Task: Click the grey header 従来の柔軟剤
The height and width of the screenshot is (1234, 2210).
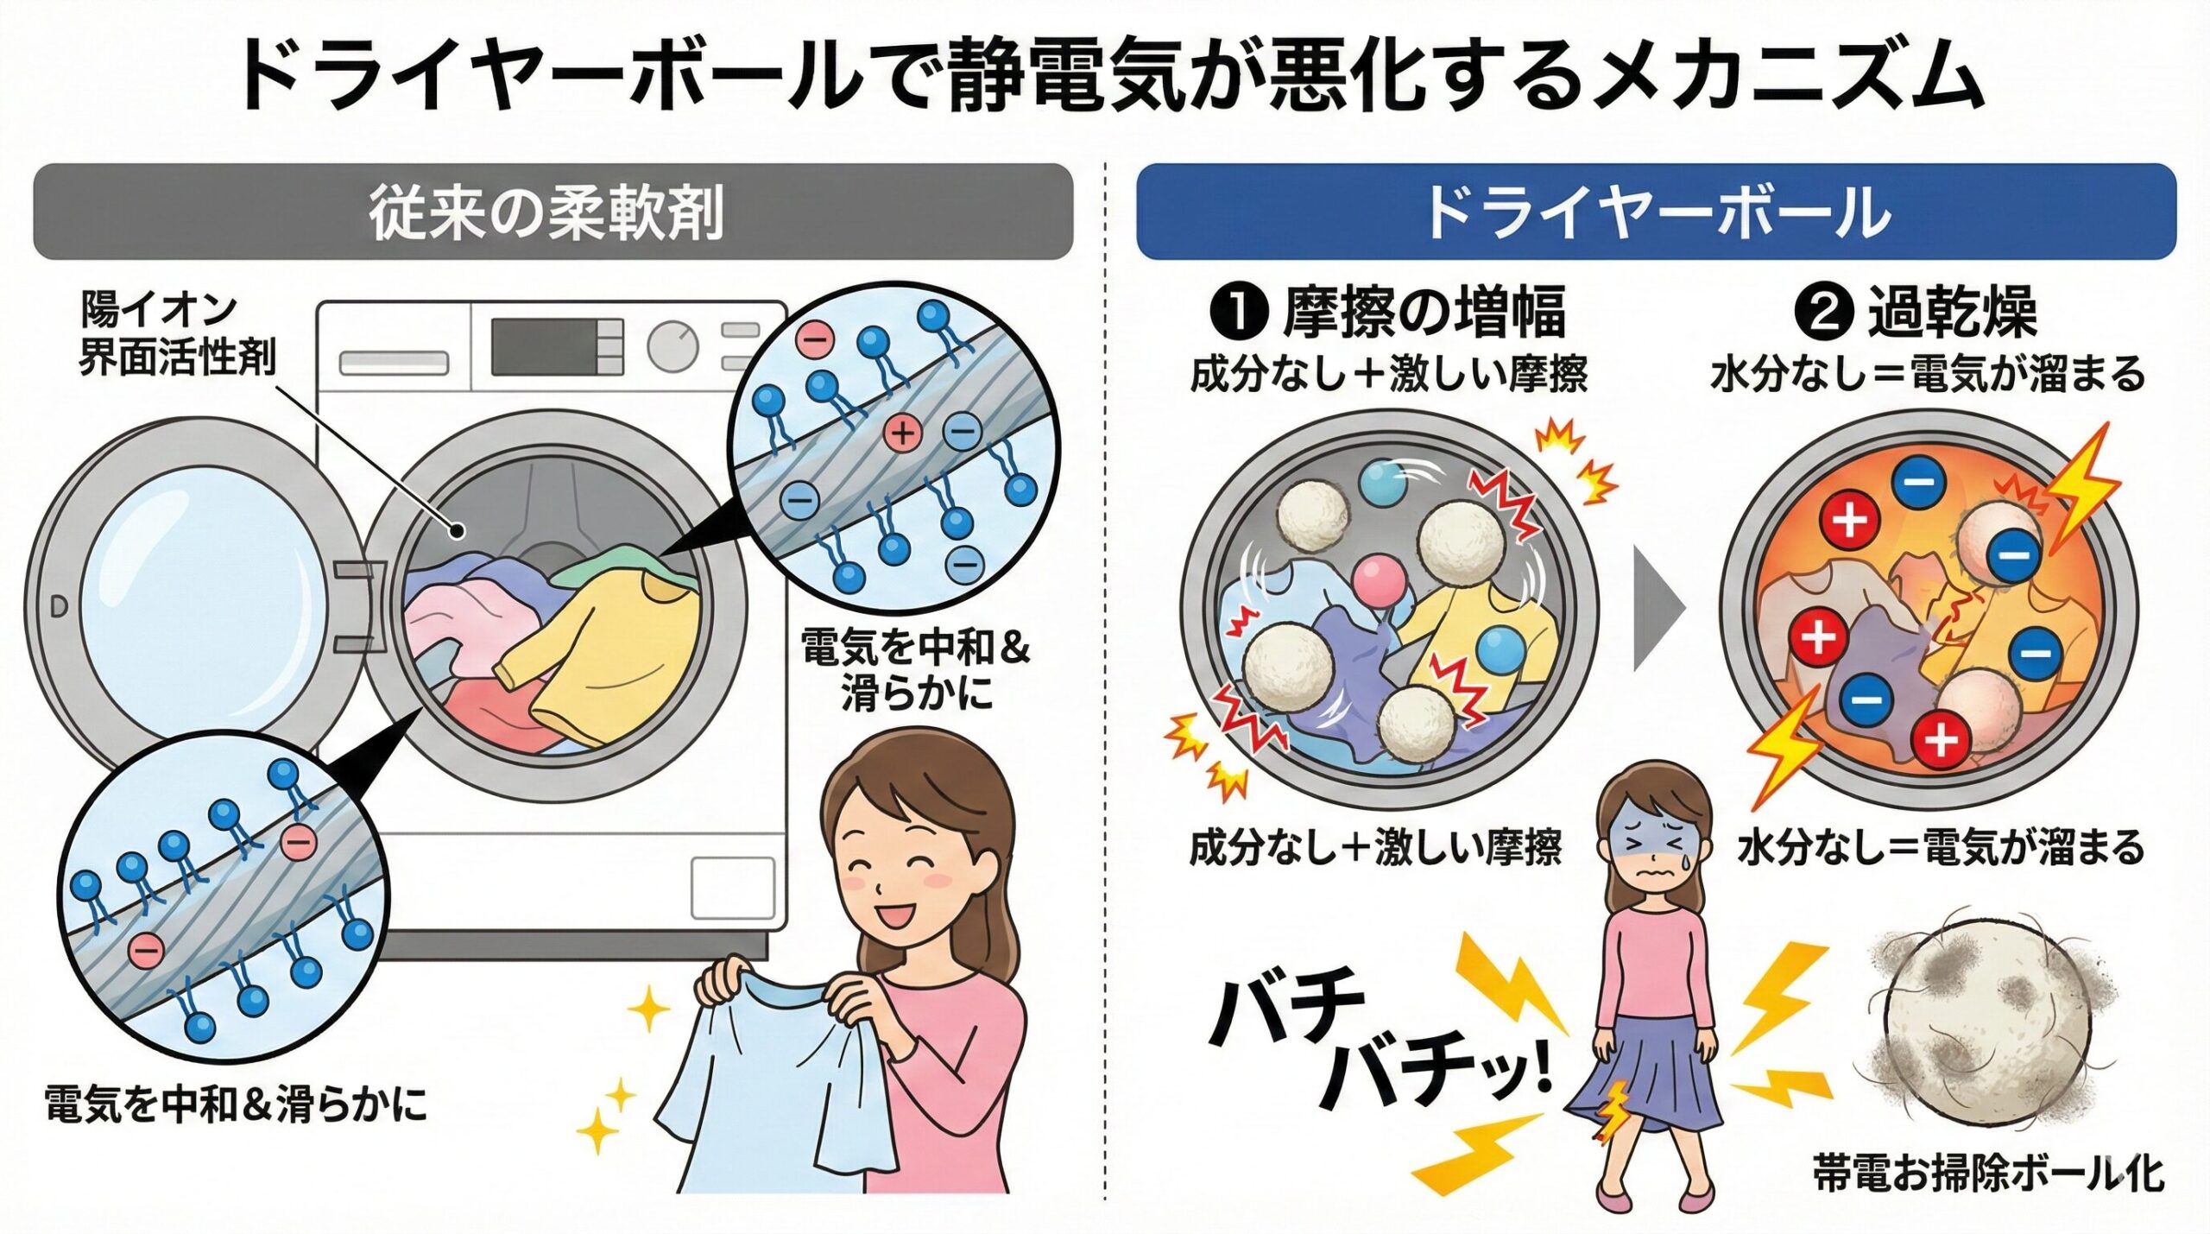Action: tap(552, 212)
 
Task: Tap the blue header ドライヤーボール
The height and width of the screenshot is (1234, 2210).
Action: tap(1656, 212)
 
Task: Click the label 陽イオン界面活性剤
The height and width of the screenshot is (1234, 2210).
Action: tap(177, 333)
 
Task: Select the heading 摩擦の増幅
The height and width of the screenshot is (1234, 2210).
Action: tap(1424, 313)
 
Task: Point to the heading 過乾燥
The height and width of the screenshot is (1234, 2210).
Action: tap(1953, 313)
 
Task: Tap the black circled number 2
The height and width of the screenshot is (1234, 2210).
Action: tap(1824, 313)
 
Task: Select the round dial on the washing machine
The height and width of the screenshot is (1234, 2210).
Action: tap(672, 346)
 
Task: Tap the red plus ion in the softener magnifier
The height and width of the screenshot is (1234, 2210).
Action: tap(903, 432)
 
